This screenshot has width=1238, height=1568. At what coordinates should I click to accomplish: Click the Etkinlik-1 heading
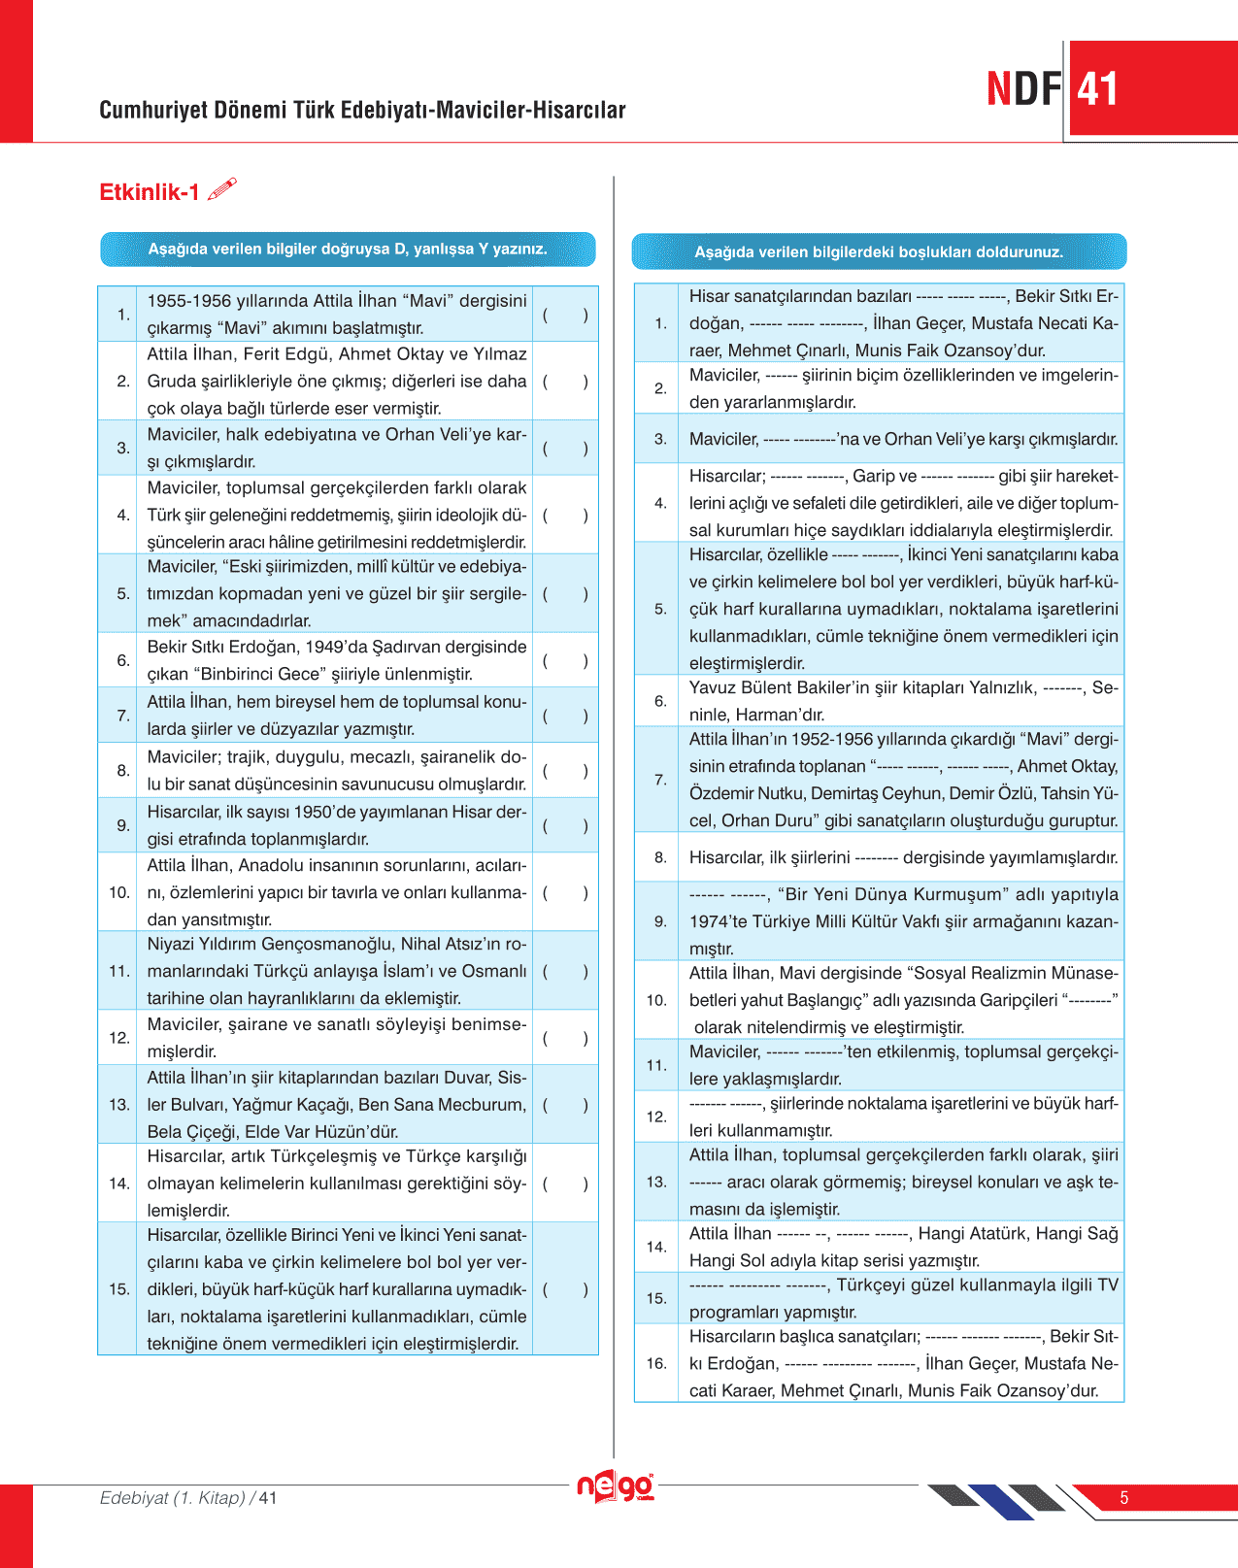click(x=149, y=192)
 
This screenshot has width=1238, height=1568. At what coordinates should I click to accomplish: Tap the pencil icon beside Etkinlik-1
click(x=222, y=188)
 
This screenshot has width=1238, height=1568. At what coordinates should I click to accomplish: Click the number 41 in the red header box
click(x=1097, y=89)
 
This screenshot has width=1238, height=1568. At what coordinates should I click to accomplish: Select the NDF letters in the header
click(x=1023, y=89)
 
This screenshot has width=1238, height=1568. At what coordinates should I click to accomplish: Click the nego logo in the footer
click(x=616, y=1486)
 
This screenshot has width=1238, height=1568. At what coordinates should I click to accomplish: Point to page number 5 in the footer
click(x=1124, y=1498)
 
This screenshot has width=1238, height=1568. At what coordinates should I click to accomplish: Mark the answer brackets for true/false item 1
click(x=565, y=315)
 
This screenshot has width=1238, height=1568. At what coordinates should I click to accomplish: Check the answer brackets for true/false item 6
click(x=565, y=660)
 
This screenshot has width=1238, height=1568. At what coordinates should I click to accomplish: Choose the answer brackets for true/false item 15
click(x=565, y=1289)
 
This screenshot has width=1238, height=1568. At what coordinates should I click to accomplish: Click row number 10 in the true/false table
click(x=119, y=892)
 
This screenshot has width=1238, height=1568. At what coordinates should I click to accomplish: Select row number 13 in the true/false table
click(x=119, y=1105)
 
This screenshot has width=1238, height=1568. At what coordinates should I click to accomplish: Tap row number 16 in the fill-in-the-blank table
click(x=656, y=1363)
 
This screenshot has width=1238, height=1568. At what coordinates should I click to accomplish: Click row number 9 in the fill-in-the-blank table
click(x=660, y=921)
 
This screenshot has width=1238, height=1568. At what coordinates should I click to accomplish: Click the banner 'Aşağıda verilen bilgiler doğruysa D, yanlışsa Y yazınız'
click(x=348, y=250)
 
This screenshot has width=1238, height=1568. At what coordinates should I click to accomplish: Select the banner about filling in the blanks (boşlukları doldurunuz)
click(x=879, y=252)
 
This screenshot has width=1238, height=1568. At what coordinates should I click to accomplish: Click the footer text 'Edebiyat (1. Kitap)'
click(x=172, y=1498)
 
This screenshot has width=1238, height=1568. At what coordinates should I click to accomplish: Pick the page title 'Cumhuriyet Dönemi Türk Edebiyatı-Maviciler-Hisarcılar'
click(x=362, y=110)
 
